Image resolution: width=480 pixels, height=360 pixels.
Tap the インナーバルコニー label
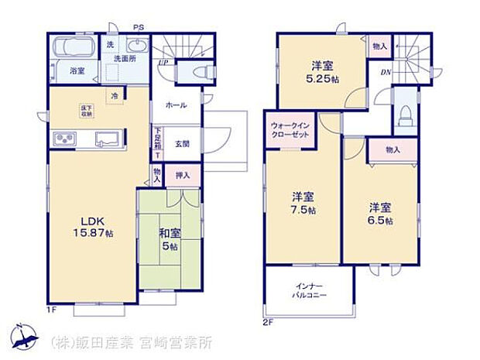pos(310,291)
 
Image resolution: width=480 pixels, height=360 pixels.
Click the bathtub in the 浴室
pos(74,47)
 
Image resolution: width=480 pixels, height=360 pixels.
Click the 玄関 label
pos(182,143)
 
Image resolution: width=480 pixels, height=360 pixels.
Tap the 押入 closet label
pos(183,176)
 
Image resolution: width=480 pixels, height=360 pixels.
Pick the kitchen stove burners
pos(63,140)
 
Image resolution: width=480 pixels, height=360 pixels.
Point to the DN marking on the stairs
pos(385,72)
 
